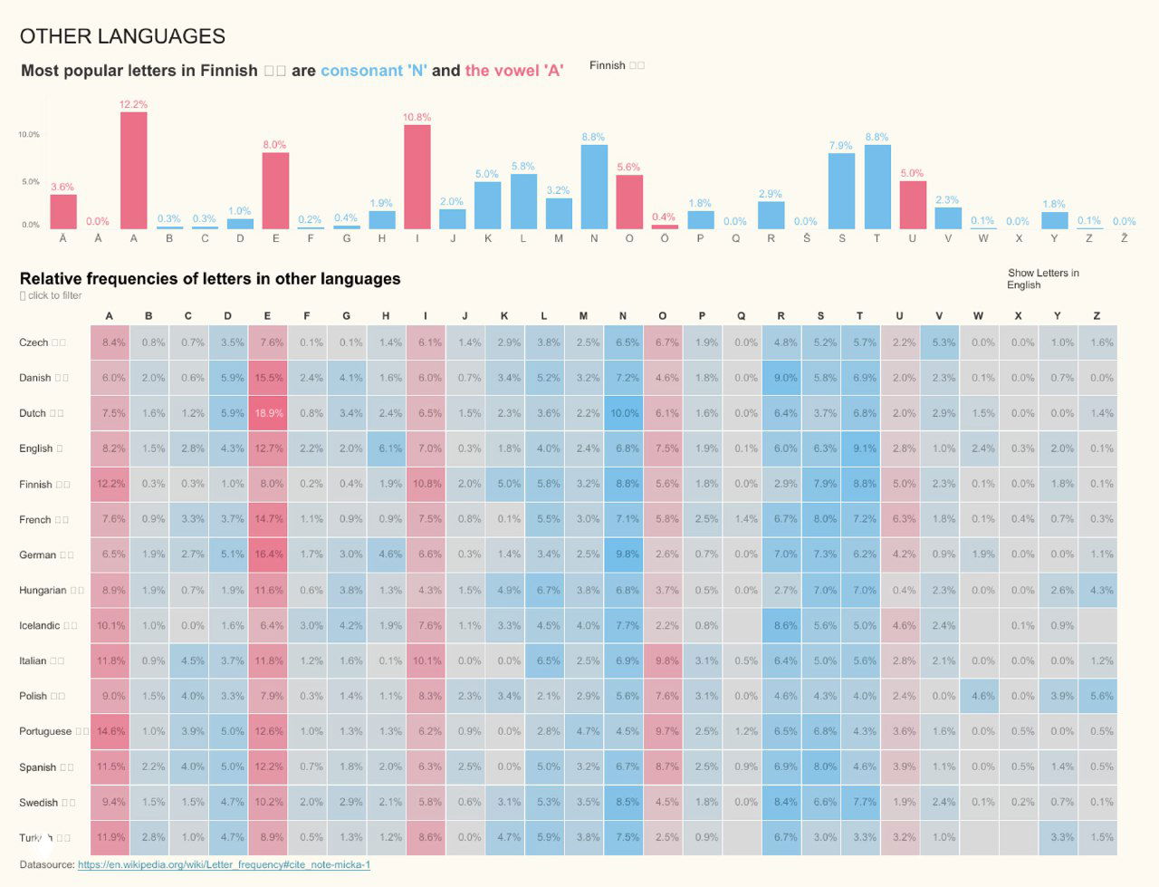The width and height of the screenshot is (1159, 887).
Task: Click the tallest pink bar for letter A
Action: click(133, 170)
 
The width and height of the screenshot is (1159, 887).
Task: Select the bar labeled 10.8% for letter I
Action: click(417, 177)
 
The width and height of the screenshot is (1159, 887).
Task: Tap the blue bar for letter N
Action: click(594, 187)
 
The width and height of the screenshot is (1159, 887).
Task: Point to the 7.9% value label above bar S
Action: click(840, 146)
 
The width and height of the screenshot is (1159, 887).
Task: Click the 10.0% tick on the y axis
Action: click(29, 134)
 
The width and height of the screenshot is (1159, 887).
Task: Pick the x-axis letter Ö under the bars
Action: click(665, 238)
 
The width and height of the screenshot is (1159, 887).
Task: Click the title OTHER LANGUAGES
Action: click(122, 36)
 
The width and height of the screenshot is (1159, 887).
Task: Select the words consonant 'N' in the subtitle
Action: click(374, 71)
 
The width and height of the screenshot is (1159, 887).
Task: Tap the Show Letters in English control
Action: click(1042, 279)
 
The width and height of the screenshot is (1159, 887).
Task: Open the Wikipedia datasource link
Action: click(224, 864)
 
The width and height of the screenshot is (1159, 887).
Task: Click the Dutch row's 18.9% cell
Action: click(268, 413)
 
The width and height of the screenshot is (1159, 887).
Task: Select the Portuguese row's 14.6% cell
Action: click(110, 731)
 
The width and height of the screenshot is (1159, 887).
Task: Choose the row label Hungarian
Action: click(43, 590)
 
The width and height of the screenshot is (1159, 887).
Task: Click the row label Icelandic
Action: click(40, 625)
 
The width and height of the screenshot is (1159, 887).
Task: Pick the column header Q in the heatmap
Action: click(742, 316)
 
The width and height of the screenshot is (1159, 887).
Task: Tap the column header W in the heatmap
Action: click(979, 316)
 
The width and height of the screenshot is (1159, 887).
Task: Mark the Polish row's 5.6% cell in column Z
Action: click(1097, 696)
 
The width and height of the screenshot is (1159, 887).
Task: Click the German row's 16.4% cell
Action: click(268, 554)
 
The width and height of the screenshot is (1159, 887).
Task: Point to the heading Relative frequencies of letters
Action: click(210, 279)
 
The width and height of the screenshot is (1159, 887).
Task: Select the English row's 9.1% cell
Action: click(860, 448)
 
